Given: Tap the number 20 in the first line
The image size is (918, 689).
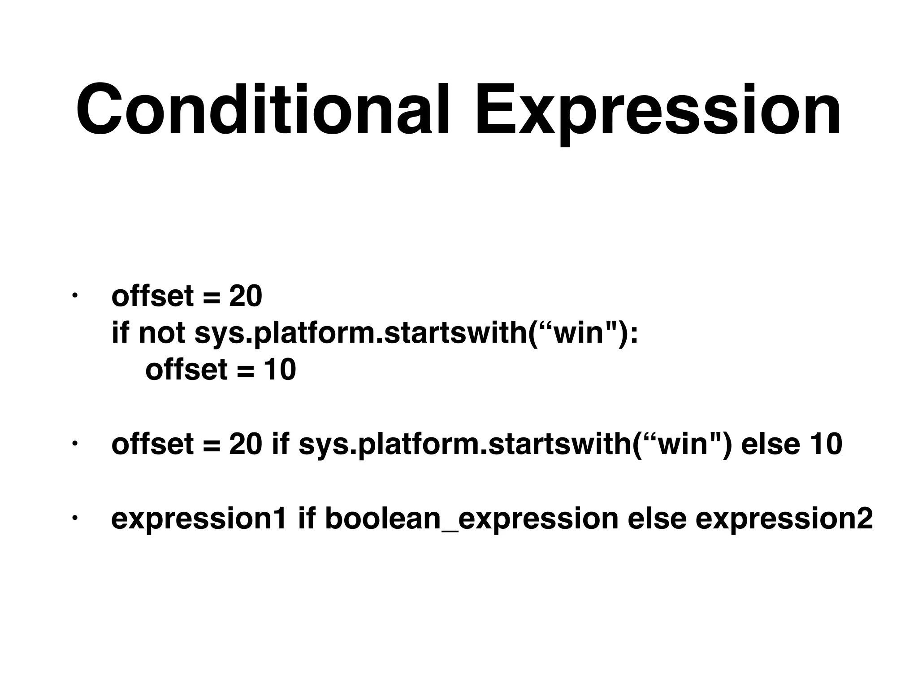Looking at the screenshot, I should point(245,297).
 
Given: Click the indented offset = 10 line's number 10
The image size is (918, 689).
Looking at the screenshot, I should point(279,370).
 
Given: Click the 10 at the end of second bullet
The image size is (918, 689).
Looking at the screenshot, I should point(826,444).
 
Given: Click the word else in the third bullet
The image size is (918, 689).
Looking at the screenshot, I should point(657,519).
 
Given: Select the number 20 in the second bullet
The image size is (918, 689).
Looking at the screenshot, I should point(245,444).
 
